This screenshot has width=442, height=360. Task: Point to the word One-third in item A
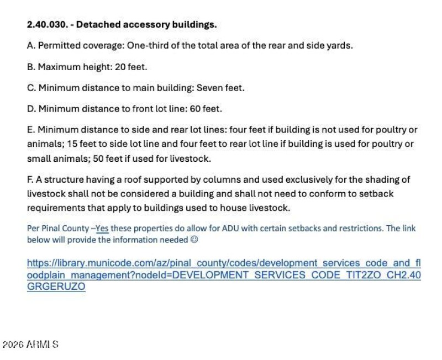coord(148,45)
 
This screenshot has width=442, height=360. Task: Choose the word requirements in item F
coord(54,208)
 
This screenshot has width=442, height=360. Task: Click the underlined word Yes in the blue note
coord(102,228)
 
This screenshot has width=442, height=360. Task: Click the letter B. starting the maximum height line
coord(31,67)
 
